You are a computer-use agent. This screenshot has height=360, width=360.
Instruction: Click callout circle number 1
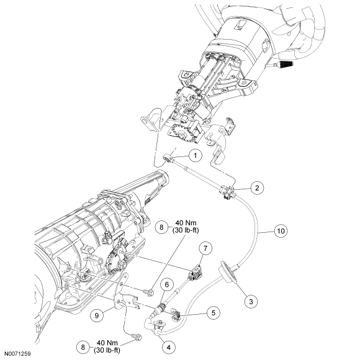point(195,155)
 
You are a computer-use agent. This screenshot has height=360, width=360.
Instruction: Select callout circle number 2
point(257,188)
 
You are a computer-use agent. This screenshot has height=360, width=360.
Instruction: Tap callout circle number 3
point(251,301)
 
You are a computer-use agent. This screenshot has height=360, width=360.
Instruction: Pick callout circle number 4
point(169,348)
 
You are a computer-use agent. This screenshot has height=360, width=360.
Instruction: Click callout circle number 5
point(214,313)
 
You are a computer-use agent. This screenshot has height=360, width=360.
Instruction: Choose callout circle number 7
point(205,248)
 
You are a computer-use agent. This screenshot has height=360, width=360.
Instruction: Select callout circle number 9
point(97,315)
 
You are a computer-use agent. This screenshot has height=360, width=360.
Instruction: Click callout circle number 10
point(281,231)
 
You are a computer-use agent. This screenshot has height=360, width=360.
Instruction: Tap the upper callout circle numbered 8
point(161,227)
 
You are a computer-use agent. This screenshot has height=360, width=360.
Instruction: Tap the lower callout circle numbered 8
point(83,347)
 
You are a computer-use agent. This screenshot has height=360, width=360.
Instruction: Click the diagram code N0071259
point(17,354)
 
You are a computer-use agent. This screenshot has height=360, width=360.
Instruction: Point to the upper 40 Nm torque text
point(186,223)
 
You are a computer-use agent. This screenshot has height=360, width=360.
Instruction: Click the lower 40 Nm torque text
point(107,343)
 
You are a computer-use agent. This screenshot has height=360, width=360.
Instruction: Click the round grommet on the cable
point(227,272)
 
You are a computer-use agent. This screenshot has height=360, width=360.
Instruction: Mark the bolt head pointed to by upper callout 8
point(150,292)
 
